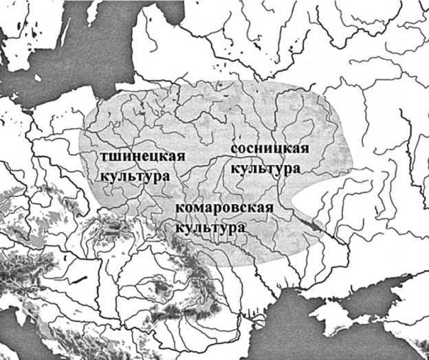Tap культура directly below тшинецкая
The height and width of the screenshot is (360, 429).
135,176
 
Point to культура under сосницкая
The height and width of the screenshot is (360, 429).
265,168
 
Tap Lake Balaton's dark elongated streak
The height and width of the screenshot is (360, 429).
82,278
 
